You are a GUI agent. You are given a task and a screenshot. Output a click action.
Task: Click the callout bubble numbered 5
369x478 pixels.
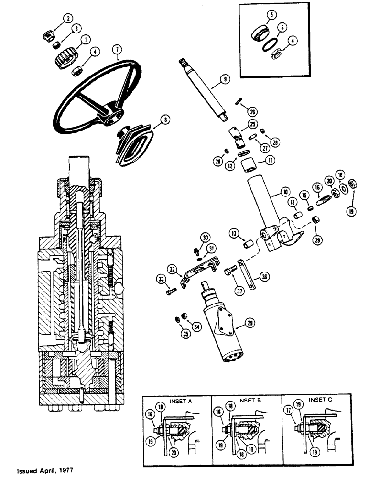272,15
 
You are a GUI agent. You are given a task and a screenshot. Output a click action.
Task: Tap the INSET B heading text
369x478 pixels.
247,400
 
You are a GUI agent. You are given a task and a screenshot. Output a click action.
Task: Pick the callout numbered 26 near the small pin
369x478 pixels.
253,111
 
